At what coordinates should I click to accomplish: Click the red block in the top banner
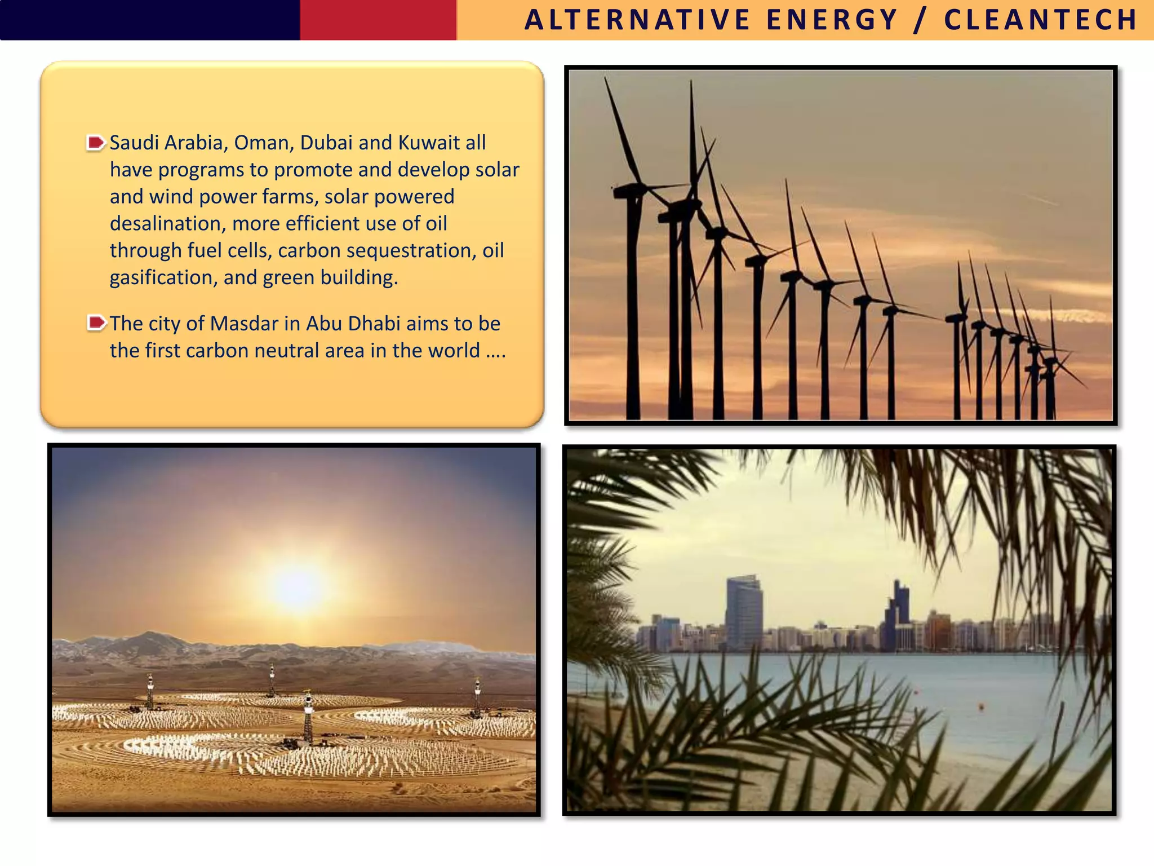[x=378, y=20]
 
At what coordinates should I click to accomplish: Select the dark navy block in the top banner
[x=149, y=20]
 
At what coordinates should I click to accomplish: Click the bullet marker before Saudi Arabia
[x=96, y=143]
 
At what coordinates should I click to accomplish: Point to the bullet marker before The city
[x=96, y=324]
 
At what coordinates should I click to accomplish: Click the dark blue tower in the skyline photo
[x=897, y=615]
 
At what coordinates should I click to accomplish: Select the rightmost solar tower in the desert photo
[x=477, y=696]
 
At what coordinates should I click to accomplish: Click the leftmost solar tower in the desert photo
[x=150, y=691]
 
